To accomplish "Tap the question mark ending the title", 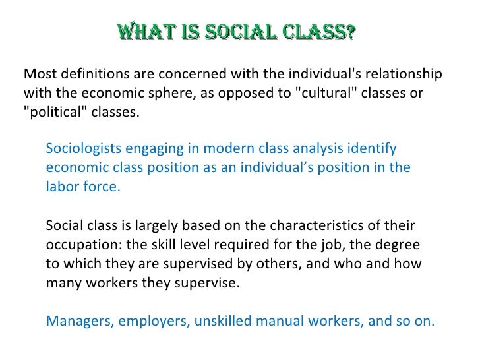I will click(x=351, y=32).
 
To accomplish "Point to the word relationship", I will click(x=405, y=73).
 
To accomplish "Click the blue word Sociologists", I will click(x=86, y=148).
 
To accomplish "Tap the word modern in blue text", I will click(x=230, y=148).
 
